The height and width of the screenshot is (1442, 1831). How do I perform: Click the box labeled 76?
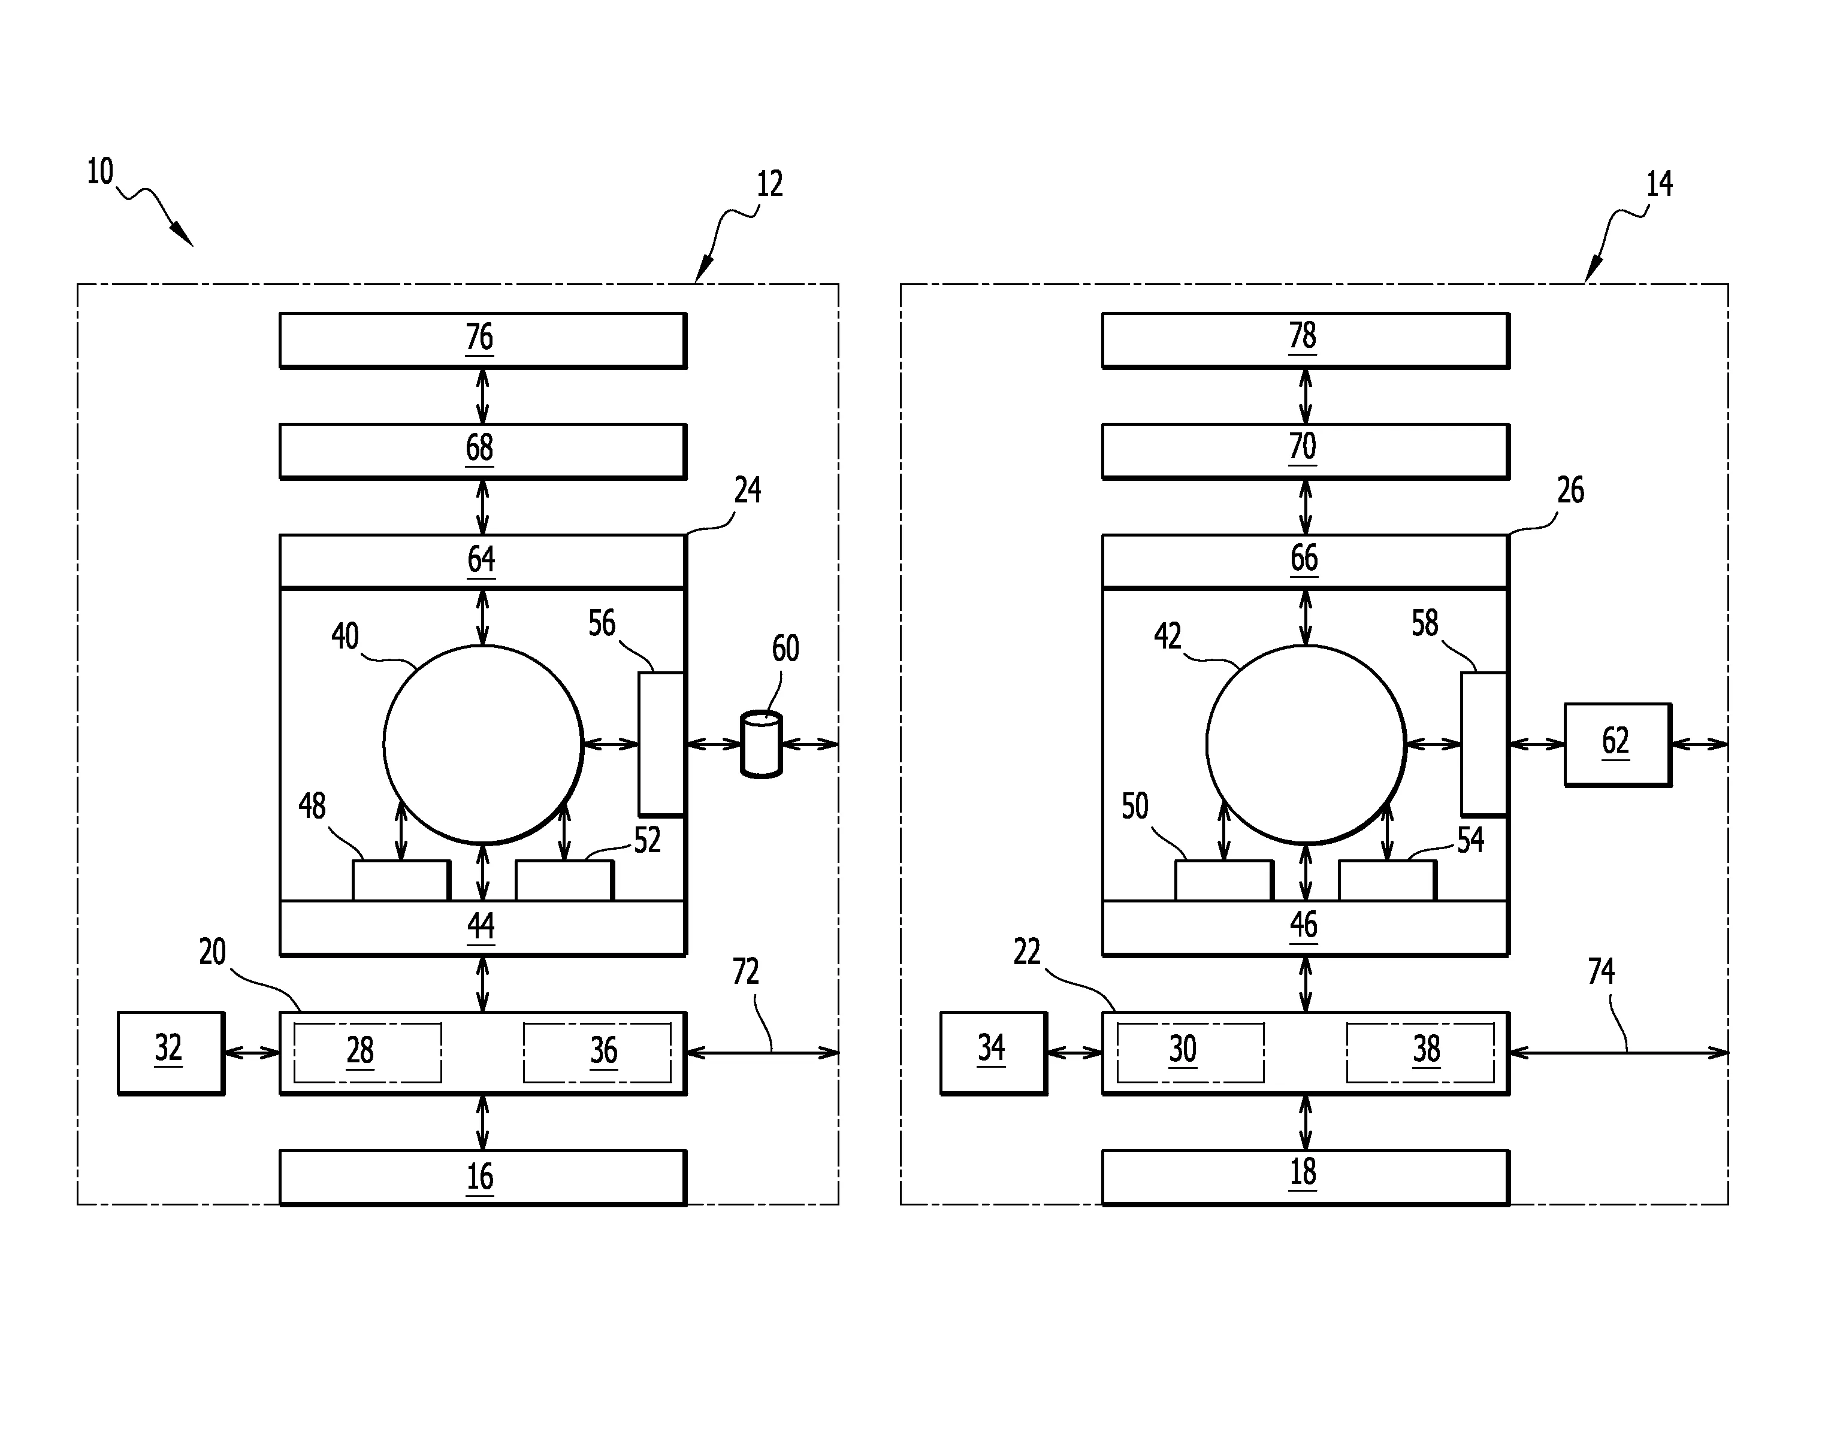[x=482, y=340]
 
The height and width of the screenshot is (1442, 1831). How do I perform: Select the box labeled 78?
[x=1305, y=340]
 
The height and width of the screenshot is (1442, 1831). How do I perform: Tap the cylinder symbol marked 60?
[x=761, y=744]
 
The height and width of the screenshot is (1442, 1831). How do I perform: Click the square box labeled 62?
[x=1617, y=744]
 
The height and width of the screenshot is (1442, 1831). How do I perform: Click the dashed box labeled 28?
[x=367, y=1052]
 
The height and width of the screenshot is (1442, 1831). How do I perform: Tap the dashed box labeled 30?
[x=1190, y=1052]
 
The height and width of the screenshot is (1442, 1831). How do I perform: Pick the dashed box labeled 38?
[x=1420, y=1052]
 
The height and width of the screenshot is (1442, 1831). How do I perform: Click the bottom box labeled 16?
[x=482, y=1177]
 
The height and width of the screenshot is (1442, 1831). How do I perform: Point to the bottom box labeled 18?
[x=1305, y=1177]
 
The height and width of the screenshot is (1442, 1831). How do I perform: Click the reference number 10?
[x=99, y=172]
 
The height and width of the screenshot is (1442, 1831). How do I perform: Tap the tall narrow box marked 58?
[x=1484, y=744]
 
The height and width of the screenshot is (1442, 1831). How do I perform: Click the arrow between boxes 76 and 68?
[x=482, y=396]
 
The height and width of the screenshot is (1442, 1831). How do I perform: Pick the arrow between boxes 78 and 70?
[x=1306, y=396]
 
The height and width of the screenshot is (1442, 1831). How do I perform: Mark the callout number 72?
[x=745, y=972]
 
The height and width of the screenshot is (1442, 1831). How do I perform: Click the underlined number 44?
[x=481, y=926]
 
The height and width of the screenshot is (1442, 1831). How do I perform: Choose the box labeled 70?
[x=1305, y=451]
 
